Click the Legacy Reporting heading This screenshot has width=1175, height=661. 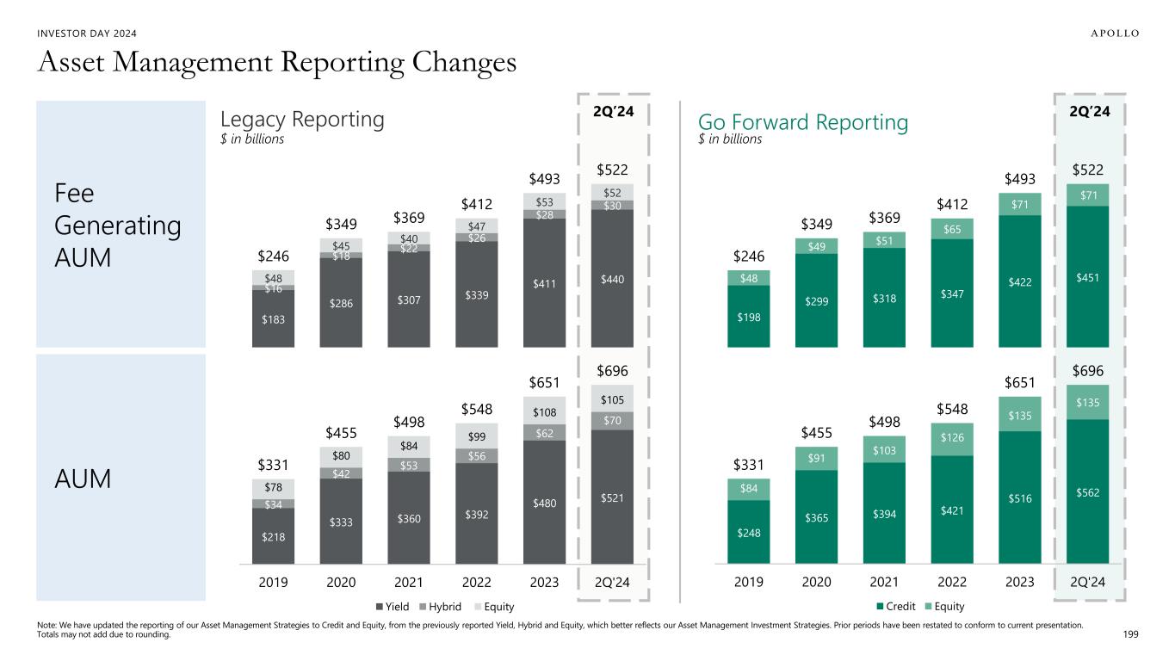coord(302,119)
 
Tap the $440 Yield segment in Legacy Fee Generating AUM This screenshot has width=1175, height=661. coord(612,278)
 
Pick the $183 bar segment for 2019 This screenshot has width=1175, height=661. coord(273,319)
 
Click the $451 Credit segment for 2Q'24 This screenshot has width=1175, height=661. coord(1087,276)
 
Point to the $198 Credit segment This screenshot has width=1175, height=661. coord(748,317)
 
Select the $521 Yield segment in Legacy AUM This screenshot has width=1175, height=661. coord(612,497)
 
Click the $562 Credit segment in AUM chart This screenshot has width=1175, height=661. coord(1087,492)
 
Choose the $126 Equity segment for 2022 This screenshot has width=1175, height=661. coord(952,439)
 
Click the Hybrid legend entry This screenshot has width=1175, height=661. coord(441,606)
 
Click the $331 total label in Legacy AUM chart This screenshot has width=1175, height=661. coord(273,466)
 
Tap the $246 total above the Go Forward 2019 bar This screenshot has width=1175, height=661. coord(748,256)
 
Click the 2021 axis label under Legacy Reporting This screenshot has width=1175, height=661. coord(409,582)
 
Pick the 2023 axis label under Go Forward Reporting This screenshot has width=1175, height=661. coord(1019,582)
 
